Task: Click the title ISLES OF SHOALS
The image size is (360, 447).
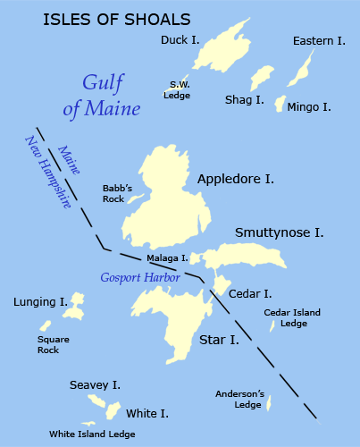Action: click(116, 18)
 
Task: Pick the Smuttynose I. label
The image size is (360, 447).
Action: click(279, 233)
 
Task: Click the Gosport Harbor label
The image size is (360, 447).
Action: click(140, 278)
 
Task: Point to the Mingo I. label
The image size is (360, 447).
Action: click(309, 107)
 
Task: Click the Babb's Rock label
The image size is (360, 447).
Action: click(117, 193)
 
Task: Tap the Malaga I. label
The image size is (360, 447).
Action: click(167, 258)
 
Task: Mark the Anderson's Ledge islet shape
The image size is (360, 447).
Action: click(269, 404)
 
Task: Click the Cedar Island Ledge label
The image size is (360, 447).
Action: click(291, 317)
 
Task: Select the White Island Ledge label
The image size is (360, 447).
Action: click(92, 434)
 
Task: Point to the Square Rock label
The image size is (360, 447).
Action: click(47, 344)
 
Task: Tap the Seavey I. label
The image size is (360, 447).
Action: click(95, 385)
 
